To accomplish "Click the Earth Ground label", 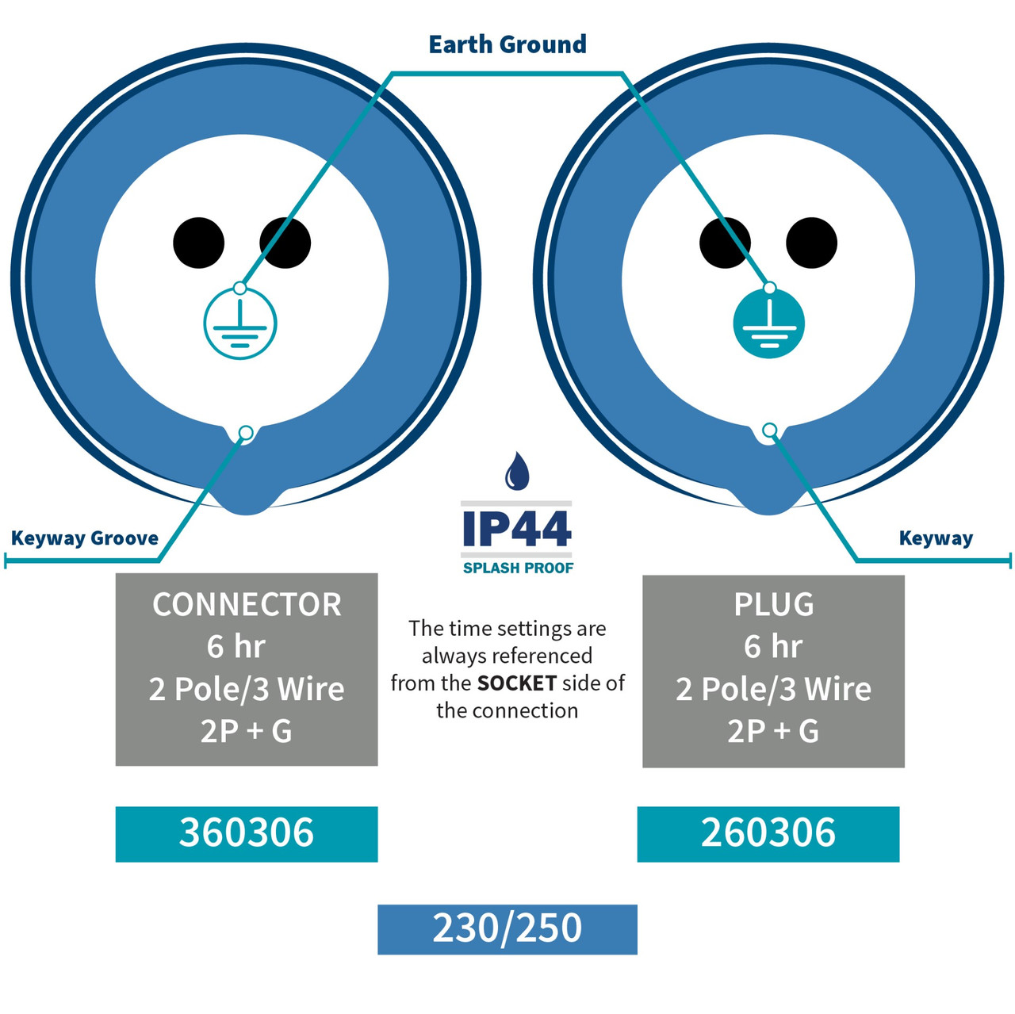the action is pos(507,44).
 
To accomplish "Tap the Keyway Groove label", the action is pos(85,538).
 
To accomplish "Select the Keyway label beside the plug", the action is pos(936,538).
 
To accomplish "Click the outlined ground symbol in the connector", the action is pos(240,323).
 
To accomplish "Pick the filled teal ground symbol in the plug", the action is pos(769,323).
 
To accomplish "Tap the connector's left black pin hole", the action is pos(198,243).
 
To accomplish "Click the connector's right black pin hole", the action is pos(285,243).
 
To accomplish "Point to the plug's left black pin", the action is pos(725,243).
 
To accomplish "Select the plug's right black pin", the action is pos(811,243).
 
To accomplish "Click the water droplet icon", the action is pos(516,470).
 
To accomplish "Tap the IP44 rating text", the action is pos(517,528).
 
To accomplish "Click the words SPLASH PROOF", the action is pos(518,568).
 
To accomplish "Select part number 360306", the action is pos(247,832).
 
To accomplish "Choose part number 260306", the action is pos(768,832).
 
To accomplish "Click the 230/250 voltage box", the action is pos(507,929).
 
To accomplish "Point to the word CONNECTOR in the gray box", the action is pos(247,605).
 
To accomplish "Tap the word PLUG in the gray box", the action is pos(774,605).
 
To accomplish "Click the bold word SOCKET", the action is pos(517,683).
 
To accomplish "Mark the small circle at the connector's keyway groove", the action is pos(246,433).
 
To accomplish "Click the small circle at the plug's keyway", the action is pos(769,430).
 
